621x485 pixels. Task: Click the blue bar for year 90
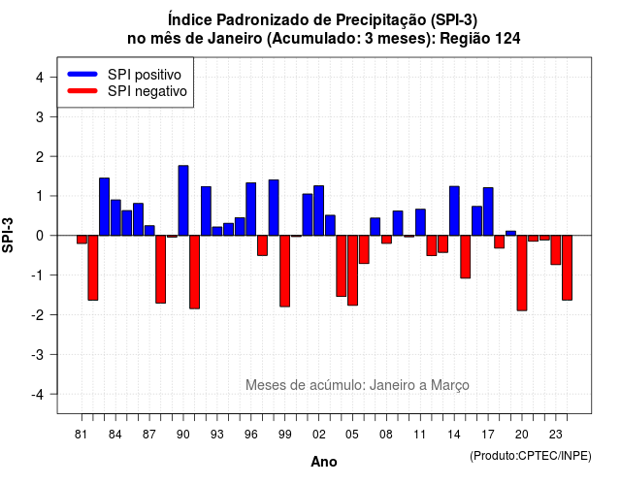(183, 201)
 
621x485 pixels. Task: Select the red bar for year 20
(522, 273)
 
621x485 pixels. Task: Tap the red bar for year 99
(284, 271)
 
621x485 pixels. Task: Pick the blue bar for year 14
(454, 210)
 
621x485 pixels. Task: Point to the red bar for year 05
(352, 270)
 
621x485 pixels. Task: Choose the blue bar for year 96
(250, 210)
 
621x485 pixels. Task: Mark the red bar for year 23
(556, 250)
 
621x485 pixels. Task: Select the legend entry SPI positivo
(124, 75)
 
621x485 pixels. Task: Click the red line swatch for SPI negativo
(82, 91)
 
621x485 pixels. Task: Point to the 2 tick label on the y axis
(40, 157)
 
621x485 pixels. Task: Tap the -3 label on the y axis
(38, 355)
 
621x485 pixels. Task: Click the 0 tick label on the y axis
(40, 236)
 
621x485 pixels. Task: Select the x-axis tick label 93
(217, 435)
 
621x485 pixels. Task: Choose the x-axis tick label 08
(386, 435)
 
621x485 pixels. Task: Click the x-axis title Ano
(324, 462)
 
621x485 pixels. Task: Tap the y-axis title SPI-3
(8, 235)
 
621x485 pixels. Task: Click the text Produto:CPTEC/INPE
(531, 456)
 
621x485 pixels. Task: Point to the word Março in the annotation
(450, 385)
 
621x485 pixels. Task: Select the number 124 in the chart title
(507, 39)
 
